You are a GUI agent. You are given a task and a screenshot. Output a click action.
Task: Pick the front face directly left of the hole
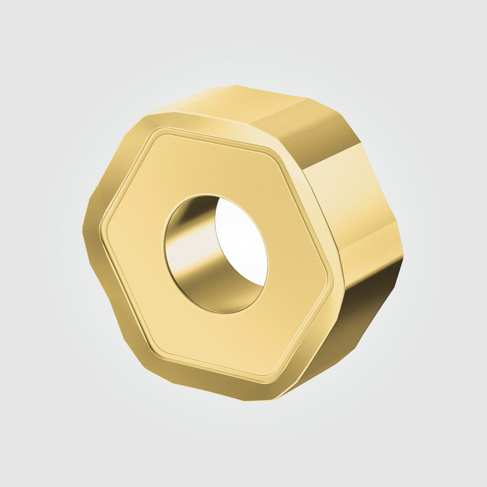point(139,240)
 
